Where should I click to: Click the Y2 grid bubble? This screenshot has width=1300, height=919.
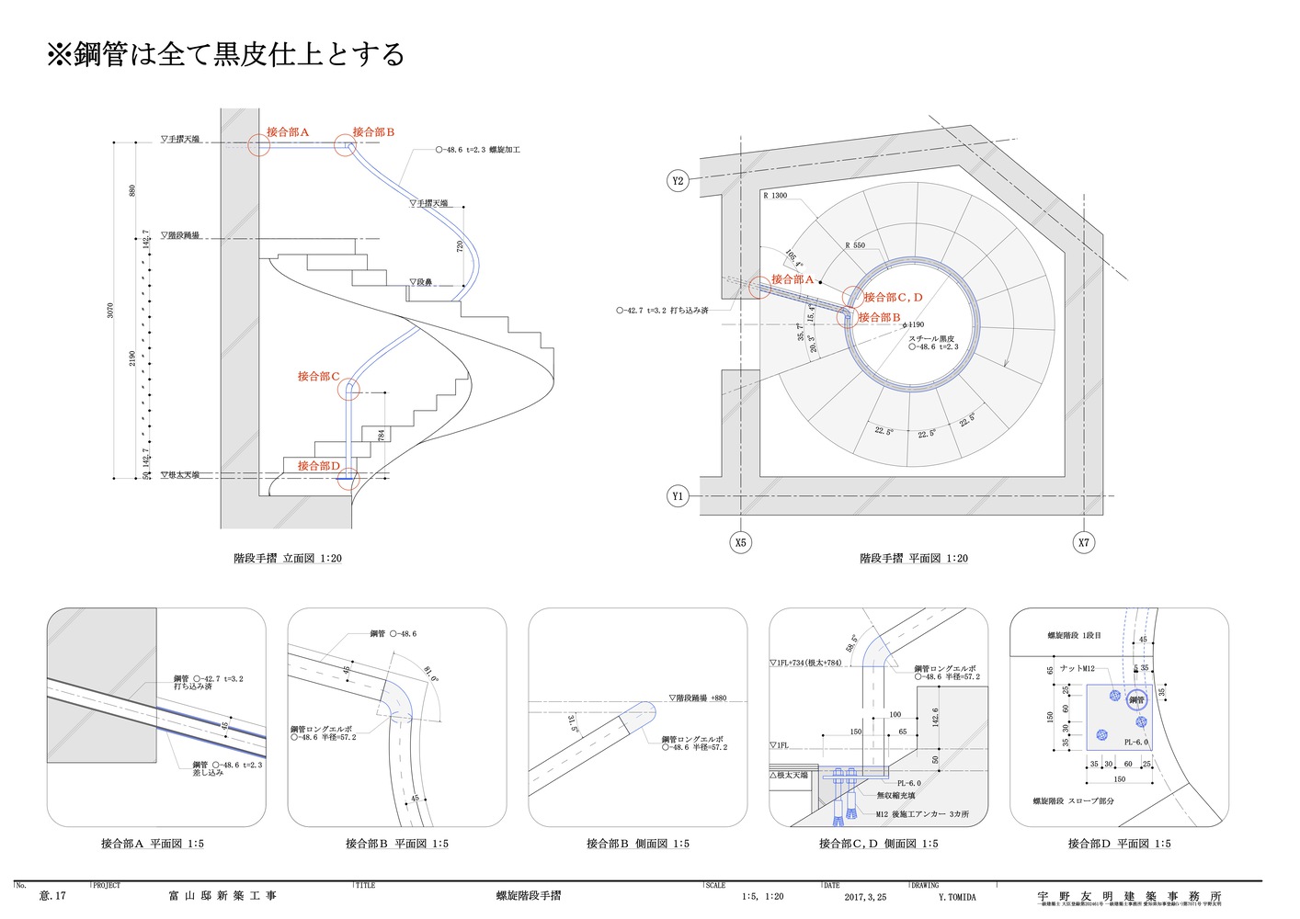(678, 181)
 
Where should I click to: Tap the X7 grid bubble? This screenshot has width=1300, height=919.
(1084, 542)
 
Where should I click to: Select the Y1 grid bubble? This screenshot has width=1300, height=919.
(678, 496)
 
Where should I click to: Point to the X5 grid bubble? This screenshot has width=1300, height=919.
(741, 542)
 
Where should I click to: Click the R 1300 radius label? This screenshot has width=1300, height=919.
(775, 196)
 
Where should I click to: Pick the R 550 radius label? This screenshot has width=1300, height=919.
(855, 245)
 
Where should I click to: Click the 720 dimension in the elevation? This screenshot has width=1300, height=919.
(461, 247)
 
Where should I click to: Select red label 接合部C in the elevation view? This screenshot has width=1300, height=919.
(318, 376)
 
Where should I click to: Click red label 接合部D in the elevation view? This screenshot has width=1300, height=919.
(318, 466)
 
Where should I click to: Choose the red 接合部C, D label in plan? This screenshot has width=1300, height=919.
(892, 298)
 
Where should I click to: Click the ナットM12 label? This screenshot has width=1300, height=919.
(1077, 669)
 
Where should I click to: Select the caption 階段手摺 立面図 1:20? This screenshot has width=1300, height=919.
(288, 558)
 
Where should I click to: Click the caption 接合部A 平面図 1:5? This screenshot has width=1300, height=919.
(153, 844)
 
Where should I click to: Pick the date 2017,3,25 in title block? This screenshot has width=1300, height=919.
(865, 897)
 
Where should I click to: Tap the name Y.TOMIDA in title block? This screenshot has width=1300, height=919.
(957, 897)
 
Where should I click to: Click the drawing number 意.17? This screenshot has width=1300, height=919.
(52, 896)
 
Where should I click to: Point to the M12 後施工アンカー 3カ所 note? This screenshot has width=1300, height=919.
(922, 814)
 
